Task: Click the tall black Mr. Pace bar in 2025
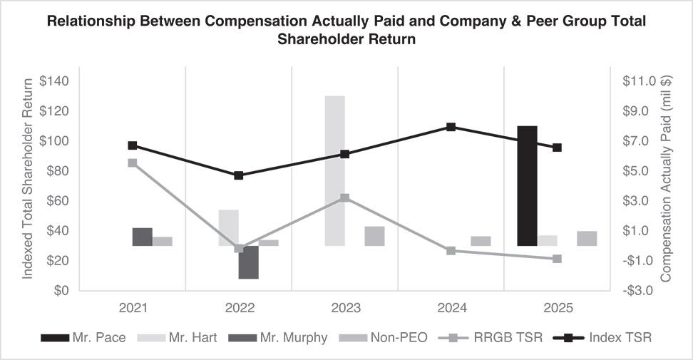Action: (527, 185)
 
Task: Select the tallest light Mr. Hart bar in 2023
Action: (335, 170)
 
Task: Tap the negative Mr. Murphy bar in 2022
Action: (248, 262)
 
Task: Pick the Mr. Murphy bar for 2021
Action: (142, 237)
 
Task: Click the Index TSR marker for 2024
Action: (451, 127)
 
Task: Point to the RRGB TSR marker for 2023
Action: (344, 197)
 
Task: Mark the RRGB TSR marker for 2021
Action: (132, 163)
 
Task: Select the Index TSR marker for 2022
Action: (238, 175)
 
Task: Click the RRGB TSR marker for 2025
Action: (557, 259)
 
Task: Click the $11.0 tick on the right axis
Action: (637, 81)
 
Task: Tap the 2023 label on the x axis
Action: (344, 308)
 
